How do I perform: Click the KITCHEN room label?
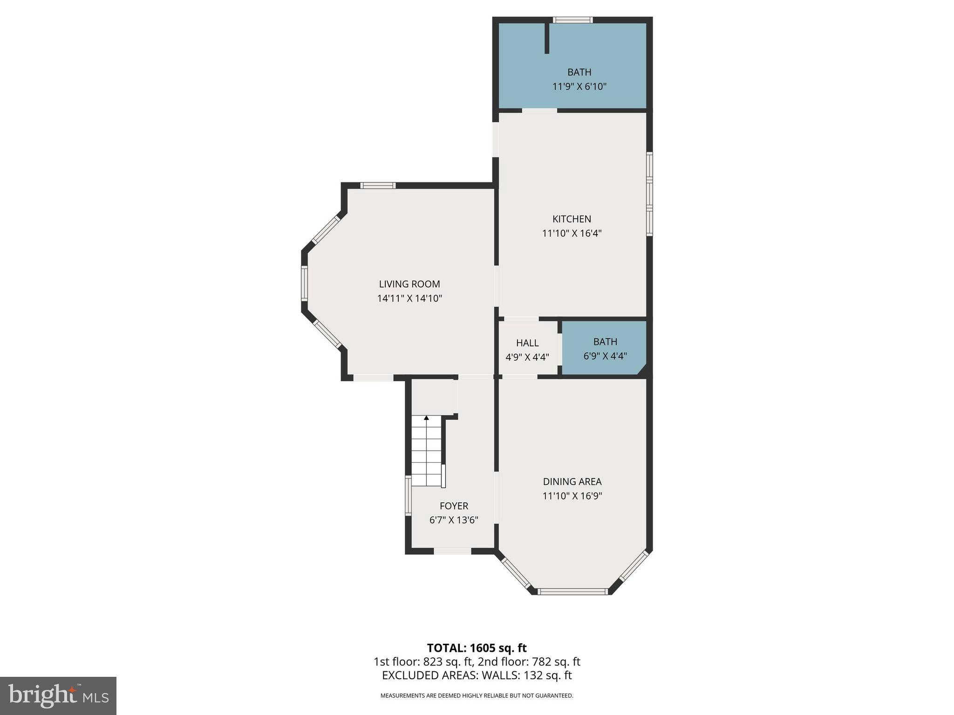[572, 219]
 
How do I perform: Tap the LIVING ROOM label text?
[409, 284]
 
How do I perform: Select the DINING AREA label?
[572, 482]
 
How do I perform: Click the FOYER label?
[454, 506]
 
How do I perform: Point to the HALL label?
[527, 343]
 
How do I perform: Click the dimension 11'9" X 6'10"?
[579, 87]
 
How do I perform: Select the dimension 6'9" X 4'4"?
[605, 356]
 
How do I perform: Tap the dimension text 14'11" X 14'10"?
[409, 298]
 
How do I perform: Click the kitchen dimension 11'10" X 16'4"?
[572, 233]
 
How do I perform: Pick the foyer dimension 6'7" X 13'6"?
[454, 520]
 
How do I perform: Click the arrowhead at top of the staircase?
[426, 418]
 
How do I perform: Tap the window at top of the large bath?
[572, 20]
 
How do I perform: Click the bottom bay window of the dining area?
[572, 592]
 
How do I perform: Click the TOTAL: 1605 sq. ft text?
[477, 648]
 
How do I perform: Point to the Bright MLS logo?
[58, 695]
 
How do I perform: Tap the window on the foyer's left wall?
[408, 495]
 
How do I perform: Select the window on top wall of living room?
[378, 186]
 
